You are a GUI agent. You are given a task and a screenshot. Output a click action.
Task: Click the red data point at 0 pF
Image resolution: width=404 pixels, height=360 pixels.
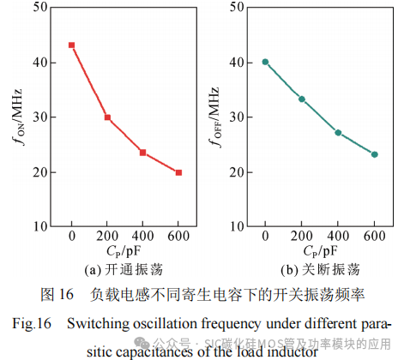72,45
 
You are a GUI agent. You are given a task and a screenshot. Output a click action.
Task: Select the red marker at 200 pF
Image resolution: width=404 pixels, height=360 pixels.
107,117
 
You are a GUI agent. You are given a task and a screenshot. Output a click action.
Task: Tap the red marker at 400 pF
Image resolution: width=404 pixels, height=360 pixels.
142,153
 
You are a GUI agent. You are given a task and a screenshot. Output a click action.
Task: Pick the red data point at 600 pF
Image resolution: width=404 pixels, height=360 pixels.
178,172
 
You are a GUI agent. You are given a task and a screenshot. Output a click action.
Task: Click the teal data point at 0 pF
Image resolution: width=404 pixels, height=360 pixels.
265,62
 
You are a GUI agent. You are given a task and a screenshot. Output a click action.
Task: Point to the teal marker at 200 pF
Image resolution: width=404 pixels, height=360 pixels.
301,99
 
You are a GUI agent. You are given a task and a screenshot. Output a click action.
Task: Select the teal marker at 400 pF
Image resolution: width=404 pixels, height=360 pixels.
338,132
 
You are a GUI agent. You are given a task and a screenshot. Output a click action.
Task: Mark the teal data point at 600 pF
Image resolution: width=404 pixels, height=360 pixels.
374,154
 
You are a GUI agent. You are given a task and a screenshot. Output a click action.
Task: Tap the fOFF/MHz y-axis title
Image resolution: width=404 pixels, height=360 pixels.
212,117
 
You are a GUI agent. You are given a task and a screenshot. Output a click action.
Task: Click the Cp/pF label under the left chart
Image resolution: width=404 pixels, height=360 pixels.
125,253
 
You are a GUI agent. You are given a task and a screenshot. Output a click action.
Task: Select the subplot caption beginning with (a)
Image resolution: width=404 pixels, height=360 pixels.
125,268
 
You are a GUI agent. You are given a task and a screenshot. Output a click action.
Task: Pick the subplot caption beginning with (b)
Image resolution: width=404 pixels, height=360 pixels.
319,268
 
